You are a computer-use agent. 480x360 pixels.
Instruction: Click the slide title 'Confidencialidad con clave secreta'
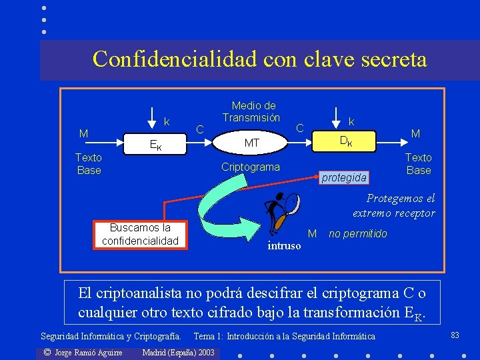click(x=259, y=59)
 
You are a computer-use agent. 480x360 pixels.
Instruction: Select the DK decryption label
click(x=347, y=141)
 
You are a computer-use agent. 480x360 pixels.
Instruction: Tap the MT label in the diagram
click(x=252, y=143)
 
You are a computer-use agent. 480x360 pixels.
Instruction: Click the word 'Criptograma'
click(x=250, y=167)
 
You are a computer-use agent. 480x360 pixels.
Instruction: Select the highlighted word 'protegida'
click(x=344, y=177)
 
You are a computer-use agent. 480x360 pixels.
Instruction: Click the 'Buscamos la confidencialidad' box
click(x=140, y=234)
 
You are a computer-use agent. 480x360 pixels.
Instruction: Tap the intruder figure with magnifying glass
click(x=279, y=212)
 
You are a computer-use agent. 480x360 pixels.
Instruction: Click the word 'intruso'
click(x=285, y=246)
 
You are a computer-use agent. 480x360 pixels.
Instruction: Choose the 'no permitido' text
click(x=358, y=234)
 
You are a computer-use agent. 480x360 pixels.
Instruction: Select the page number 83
click(x=455, y=335)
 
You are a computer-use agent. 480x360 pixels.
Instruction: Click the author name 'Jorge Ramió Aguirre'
click(x=83, y=352)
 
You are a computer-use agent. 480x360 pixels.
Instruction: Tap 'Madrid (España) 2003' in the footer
click(x=179, y=352)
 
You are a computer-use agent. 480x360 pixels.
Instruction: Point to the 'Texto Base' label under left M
click(x=89, y=164)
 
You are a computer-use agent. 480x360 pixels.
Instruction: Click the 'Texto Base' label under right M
click(x=419, y=164)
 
